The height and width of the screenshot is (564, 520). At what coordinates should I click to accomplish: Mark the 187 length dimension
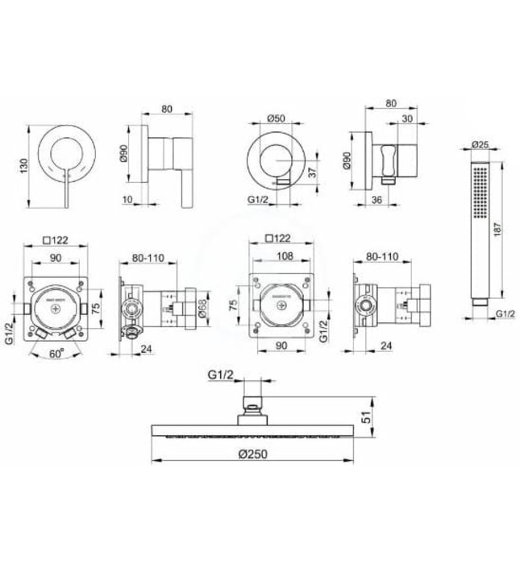(502, 228)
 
